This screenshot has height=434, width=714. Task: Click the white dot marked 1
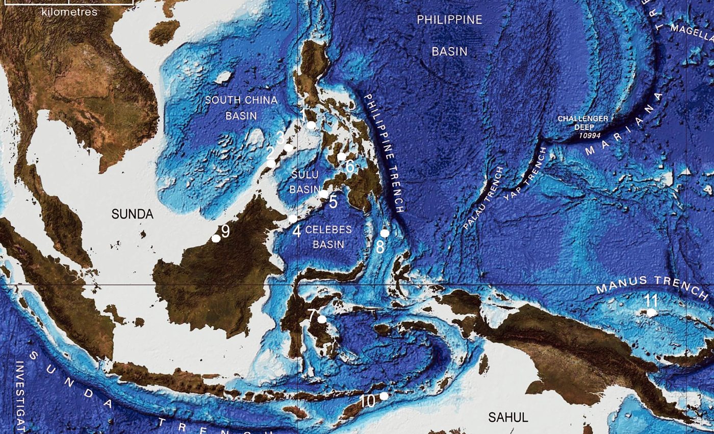tap(311, 125)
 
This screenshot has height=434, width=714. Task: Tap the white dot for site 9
tap(216, 238)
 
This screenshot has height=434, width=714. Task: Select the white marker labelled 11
tap(651, 312)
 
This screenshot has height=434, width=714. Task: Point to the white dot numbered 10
tap(384, 396)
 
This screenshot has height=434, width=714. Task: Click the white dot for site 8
tap(385, 233)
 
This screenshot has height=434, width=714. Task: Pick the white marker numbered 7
tap(322, 319)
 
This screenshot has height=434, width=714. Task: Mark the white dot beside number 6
tap(342, 156)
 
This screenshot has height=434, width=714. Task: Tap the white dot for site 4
tap(293, 219)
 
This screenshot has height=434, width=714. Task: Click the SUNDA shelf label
tap(133, 214)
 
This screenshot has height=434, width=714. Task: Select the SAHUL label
tap(508, 417)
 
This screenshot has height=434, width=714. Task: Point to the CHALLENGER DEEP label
tap(583, 123)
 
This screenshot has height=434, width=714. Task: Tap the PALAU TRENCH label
tap(484, 198)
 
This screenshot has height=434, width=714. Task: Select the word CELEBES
tap(328, 230)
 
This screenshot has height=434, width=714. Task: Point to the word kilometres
tap(69, 12)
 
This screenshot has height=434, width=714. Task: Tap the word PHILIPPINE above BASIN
tap(449, 20)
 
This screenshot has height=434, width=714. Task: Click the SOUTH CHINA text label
tap(241, 100)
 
